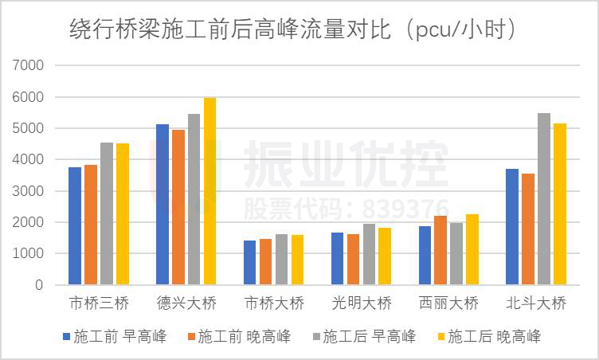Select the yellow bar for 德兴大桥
(x=209, y=191)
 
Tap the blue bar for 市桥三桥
(x=75, y=226)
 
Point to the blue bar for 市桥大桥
(x=250, y=263)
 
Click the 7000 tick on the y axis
(x=29, y=65)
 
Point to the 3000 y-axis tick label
(x=29, y=191)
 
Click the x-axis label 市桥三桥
(x=99, y=303)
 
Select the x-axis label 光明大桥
(x=362, y=303)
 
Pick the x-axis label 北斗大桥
(x=536, y=303)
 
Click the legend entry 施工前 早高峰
(x=115, y=336)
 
